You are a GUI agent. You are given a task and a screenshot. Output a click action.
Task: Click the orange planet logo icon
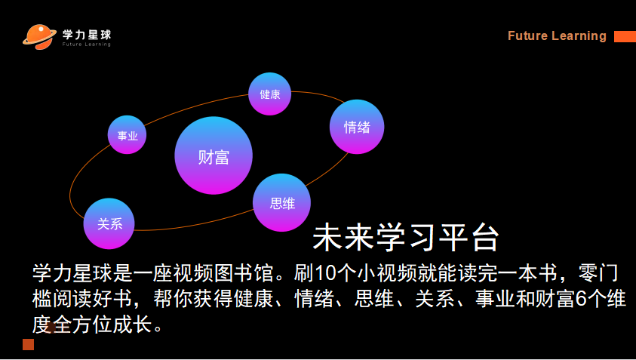click(39, 37)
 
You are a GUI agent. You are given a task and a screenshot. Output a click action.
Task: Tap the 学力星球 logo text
click(87, 35)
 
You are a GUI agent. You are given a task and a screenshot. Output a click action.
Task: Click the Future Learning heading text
click(557, 35)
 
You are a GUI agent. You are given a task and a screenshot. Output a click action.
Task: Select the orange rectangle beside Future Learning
click(625, 36)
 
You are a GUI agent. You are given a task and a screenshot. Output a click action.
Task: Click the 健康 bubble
click(270, 94)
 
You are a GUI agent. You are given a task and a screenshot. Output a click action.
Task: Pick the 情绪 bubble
click(357, 127)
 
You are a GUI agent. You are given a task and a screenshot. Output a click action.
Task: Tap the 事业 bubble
click(127, 135)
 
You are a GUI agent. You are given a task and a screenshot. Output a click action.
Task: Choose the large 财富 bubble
click(214, 155)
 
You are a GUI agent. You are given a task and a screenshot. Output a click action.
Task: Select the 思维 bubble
click(282, 202)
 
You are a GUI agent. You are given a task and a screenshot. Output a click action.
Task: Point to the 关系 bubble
click(109, 223)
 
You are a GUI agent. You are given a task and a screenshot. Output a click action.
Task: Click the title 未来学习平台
click(406, 237)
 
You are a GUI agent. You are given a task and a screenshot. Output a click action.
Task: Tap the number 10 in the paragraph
click(324, 273)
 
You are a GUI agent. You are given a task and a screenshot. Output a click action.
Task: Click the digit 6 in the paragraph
click(581, 299)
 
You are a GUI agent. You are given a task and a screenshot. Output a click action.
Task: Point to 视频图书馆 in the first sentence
click(224, 273)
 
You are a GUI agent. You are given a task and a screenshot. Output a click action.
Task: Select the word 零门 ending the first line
click(598, 273)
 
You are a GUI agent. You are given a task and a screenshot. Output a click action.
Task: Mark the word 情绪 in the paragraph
click(315, 299)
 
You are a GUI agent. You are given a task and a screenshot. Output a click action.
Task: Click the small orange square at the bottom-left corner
click(29, 344)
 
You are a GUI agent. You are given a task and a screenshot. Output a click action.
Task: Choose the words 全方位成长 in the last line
click(103, 325)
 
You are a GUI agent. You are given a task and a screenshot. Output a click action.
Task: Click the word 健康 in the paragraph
click(254, 299)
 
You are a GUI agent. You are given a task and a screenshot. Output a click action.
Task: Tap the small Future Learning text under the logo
click(87, 45)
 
